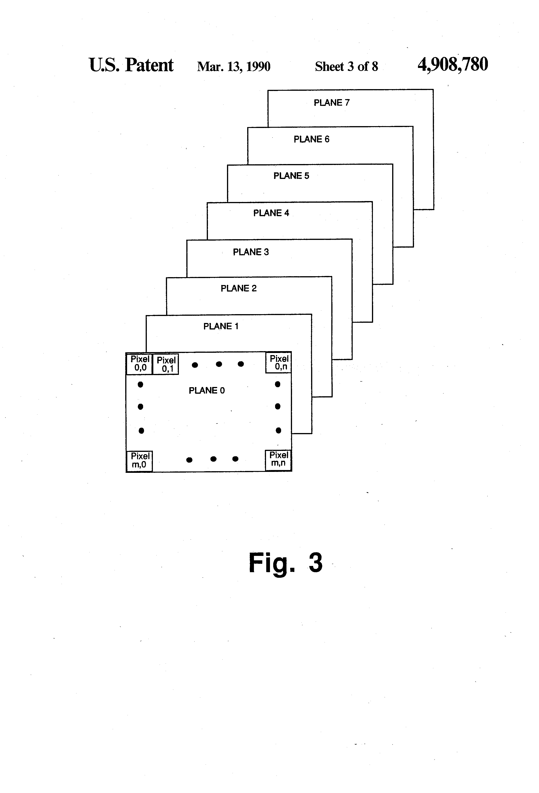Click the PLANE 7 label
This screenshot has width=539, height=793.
pyautogui.click(x=332, y=103)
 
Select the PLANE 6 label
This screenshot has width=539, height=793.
pyautogui.click(x=311, y=139)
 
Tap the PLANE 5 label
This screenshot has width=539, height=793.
pyautogui.click(x=291, y=176)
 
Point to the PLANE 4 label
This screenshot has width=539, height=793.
pyautogui.click(x=271, y=213)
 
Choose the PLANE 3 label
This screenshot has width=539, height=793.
pyautogui.click(x=251, y=252)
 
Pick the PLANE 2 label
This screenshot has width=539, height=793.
pyautogui.click(x=239, y=288)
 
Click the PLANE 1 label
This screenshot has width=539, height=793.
pyautogui.click(x=221, y=326)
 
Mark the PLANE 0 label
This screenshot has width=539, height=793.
pyautogui.click(x=207, y=390)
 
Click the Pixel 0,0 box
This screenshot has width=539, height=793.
pyautogui.click(x=139, y=364)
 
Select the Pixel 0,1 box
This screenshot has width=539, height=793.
pyautogui.click(x=166, y=364)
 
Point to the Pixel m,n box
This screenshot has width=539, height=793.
pyautogui.click(x=278, y=460)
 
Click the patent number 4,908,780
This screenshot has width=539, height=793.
pyautogui.click(x=453, y=64)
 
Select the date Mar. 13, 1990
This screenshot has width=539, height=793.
pyautogui.click(x=234, y=66)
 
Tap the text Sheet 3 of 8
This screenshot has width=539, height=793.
pyautogui.click(x=346, y=66)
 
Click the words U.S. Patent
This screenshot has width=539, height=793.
pyautogui.click(x=131, y=65)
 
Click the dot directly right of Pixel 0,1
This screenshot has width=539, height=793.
pyautogui.click(x=195, y=365)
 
